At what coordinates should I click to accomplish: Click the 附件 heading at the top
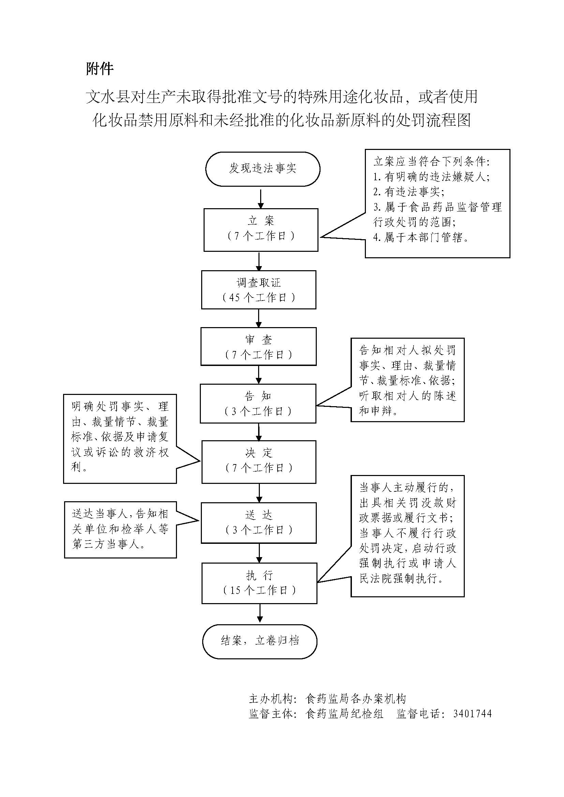[x=100, y=69]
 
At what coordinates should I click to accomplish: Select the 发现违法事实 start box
[x=262, y=169]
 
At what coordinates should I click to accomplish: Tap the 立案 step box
[x=261, y=229]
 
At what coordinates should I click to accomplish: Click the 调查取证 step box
[x=258, y=290]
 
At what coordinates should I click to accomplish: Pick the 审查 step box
[x=258, y=347]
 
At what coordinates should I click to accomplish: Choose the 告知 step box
[x=258, y=403]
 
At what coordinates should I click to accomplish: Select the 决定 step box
[x=259, y=462]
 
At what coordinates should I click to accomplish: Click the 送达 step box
[x=259, y=523]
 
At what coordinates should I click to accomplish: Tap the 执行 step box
[x=259, y=583]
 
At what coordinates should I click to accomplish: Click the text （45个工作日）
[x=259, y=297]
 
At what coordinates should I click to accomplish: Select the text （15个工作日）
[x=259, y=591]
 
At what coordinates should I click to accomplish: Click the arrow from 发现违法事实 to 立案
[x=261, y=198]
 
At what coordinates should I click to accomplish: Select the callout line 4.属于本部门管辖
[x=421, y=237]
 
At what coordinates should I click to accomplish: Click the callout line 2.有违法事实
[x=409, y=191]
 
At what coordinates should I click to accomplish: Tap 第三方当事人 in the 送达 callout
[x=108, y=544]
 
